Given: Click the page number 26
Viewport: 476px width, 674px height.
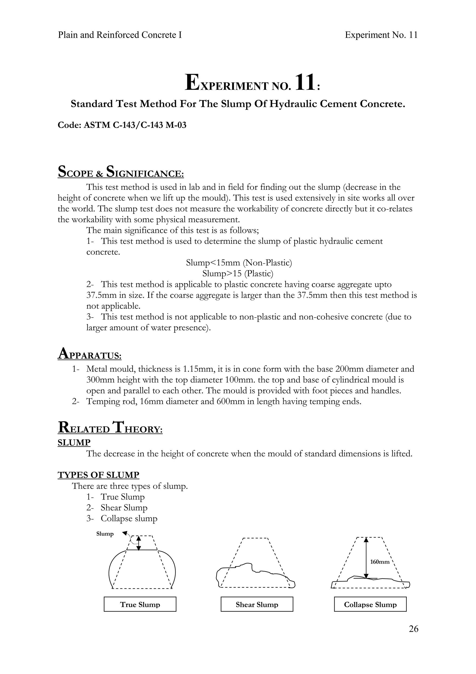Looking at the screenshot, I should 413,629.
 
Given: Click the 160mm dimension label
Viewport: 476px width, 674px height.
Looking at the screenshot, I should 380,562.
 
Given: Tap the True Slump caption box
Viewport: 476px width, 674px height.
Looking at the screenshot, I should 140,604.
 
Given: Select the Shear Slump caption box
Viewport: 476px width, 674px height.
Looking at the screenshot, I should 257,604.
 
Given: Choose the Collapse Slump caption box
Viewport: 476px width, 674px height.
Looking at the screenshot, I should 370,604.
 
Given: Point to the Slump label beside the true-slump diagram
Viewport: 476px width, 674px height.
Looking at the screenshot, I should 105,534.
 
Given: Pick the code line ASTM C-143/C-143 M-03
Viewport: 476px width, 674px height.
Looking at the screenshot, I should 122,125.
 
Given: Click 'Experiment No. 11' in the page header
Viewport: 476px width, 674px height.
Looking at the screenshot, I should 381,35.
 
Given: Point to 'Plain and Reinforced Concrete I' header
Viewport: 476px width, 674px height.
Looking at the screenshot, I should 120,35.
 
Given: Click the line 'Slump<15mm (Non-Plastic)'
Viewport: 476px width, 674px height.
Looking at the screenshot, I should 239,263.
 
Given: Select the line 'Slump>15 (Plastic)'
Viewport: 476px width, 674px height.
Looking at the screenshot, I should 238,274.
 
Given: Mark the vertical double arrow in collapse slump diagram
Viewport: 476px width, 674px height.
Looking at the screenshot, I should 366,557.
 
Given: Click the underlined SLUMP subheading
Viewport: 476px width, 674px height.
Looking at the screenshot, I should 74,442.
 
